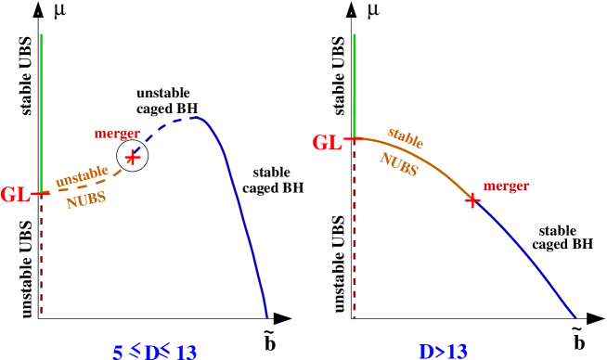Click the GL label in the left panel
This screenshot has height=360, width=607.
[16, 195]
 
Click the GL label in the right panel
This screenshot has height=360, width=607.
[327, 142]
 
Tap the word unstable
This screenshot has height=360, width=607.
[82, 176]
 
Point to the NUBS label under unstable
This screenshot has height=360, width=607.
[86, 199]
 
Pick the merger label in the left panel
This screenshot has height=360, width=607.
[117, 134]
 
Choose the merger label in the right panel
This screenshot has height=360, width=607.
[506, 186]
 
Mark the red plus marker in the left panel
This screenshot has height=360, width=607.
[133, 158]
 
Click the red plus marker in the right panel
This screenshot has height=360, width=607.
[472, 199]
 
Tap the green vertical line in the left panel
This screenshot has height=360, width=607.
[42, 111]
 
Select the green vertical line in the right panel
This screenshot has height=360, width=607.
[354, 84]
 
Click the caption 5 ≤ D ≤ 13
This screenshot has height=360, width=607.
[155, 351]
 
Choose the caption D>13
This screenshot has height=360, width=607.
[443, 351]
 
